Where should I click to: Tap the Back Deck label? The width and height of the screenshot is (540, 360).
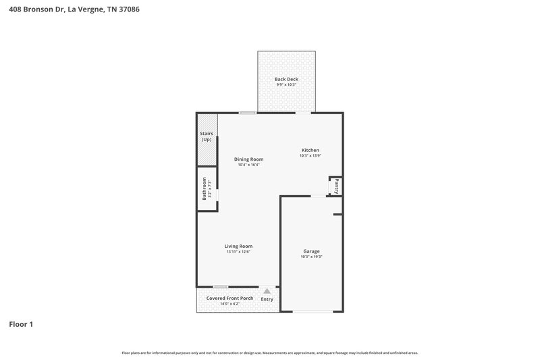point(286,79)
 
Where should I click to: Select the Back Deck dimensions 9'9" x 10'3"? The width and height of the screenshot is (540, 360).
point(286,85)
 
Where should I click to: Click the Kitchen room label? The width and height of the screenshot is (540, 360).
point(310,150)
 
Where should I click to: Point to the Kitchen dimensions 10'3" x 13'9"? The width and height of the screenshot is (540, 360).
point(310,156)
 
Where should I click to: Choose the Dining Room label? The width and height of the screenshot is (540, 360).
point(248,159)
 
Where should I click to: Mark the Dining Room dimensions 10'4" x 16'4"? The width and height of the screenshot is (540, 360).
point(248,165)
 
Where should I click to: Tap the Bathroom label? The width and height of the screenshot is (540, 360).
point(205,188)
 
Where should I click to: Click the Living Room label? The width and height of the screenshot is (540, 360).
point(238,246)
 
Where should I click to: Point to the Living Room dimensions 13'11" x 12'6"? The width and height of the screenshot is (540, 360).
point(238,252)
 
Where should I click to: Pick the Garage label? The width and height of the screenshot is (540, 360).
point(311,251)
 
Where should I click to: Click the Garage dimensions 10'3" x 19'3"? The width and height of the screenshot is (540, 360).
point(311,257)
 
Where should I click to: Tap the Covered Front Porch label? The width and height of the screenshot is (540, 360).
point(230,298)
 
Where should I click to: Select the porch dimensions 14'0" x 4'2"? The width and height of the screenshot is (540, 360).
point(230,304)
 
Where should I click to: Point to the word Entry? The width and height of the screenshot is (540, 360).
point(267,299)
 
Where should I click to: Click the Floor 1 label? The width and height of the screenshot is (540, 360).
point(21,325)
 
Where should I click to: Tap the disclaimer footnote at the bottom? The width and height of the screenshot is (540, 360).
point(270,353)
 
